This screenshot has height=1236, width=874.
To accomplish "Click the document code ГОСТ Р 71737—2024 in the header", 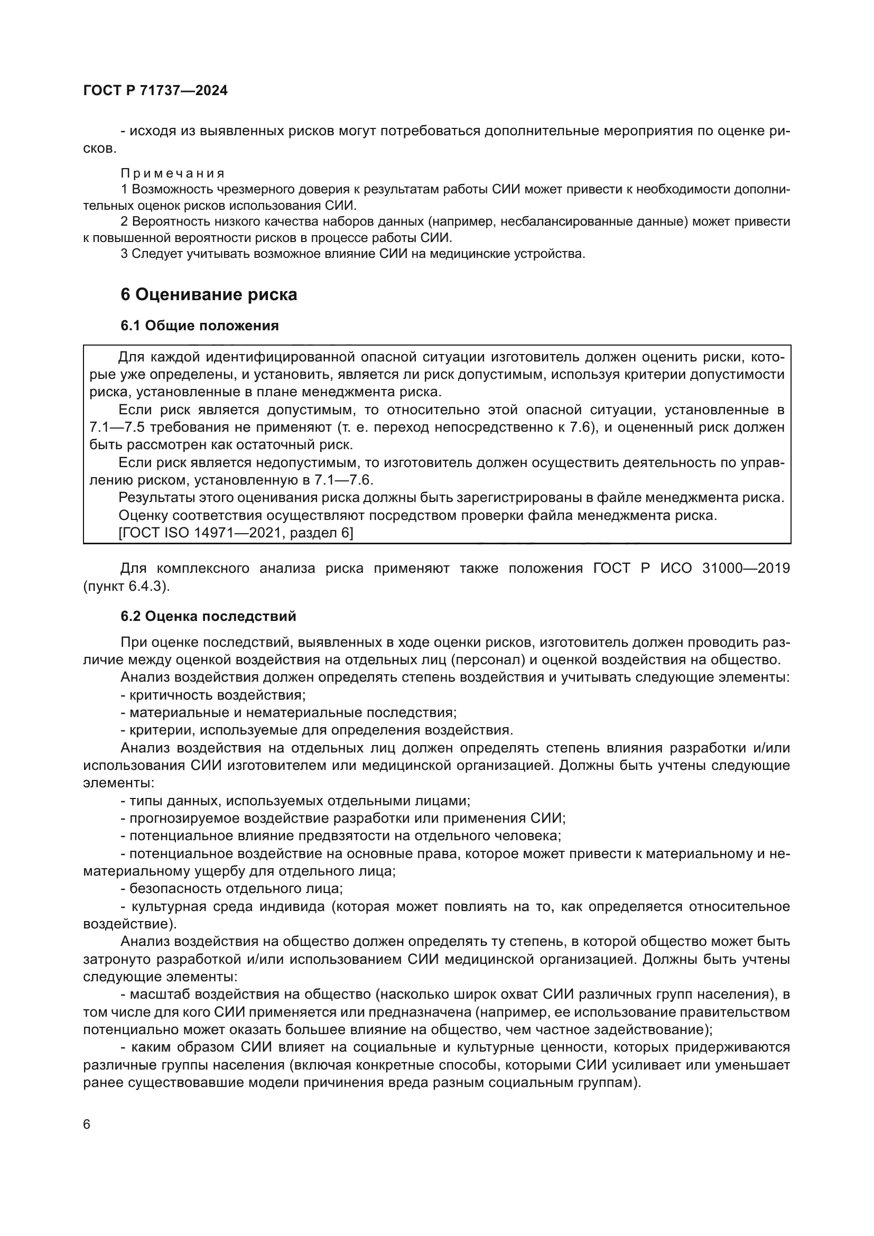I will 155,90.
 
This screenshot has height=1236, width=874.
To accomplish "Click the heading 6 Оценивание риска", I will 209,294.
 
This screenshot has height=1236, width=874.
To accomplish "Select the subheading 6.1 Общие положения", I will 200,326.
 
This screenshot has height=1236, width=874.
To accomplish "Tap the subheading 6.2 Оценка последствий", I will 208,616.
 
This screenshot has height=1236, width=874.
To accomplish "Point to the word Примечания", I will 172,173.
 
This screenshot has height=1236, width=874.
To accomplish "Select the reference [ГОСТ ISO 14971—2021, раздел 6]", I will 236,533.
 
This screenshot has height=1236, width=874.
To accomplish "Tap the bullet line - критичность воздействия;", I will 213,695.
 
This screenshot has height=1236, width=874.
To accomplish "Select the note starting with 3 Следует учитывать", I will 352,254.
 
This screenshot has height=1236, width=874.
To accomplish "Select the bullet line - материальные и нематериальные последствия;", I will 289,713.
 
